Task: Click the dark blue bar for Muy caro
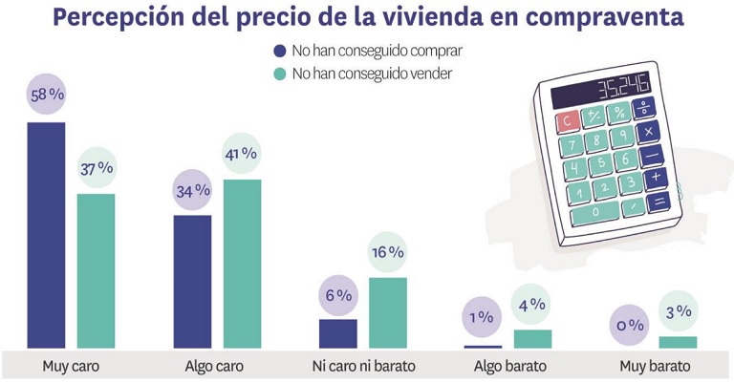coord(46,235)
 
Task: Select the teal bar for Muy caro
coord(96,271)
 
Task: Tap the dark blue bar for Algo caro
coord(192,282)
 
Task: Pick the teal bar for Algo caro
coord(242,264)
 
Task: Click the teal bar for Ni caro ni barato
coord(388,312)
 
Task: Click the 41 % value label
coord(242,153)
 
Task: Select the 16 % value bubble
coord(388,252)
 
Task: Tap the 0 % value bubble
coord(629,325)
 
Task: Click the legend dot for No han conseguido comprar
coord(279,51)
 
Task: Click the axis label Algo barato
coord(509,366)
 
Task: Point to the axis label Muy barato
coord(655,366)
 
